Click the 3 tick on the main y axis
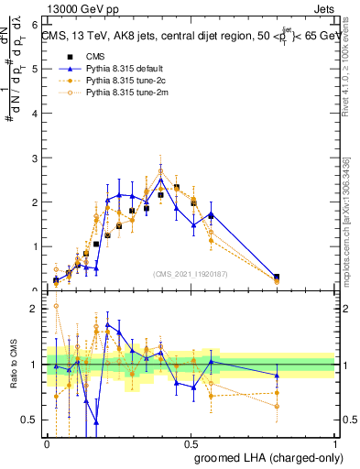coord(38,158)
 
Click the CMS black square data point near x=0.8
coord(278,277)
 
